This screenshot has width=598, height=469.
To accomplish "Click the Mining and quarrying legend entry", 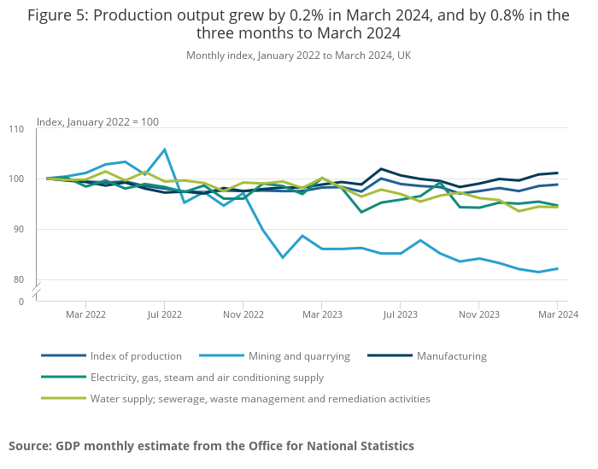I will [299, 356].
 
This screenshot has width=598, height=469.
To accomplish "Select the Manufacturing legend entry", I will [451, 356].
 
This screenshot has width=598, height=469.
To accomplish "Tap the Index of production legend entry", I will [135, 356].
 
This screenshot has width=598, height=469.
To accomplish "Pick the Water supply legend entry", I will [260, 399].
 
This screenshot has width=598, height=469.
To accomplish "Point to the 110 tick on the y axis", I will [17, 129].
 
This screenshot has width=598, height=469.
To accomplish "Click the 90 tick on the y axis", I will [20, 229].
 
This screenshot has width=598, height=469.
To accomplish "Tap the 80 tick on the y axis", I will [20, 279].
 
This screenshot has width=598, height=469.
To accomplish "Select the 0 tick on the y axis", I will [21, 302].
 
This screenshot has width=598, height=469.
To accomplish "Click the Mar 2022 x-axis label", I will [85, 314].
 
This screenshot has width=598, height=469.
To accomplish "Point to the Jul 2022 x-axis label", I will [164, 314].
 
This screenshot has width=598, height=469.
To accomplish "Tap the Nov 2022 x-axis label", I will [243, 314].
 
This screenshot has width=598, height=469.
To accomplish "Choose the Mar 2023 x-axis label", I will [321, 314].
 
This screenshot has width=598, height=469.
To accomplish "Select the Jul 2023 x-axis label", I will [400, 314].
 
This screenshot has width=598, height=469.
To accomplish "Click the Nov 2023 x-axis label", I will [478, 314].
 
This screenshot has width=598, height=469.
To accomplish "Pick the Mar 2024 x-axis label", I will [557, 314].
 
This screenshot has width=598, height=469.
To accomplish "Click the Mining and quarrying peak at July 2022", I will [164, 149].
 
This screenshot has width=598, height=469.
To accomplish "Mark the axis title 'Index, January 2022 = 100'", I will [97, 122].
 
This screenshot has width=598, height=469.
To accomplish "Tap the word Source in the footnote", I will [29, 446].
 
